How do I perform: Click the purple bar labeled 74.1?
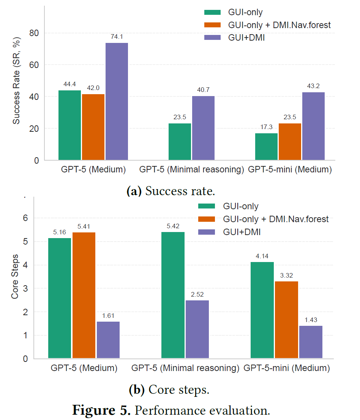(117, 101)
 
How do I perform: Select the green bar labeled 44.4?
(69, 125)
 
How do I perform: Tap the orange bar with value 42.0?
(93, 127)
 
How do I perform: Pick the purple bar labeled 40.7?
(203, 128)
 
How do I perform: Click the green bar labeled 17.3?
(266, 147)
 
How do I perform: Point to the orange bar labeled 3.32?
(286, 320)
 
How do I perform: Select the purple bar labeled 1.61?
(108, 340)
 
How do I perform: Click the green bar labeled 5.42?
(173, 295)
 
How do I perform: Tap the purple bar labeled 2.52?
(197, 329)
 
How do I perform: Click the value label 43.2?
(313, 86)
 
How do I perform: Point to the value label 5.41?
(84, 226)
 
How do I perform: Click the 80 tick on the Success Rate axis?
(34, 33)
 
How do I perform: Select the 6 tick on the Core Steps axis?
(25, 218)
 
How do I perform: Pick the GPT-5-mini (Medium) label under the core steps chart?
(287, 368)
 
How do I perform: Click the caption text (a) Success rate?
(171, 191)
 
